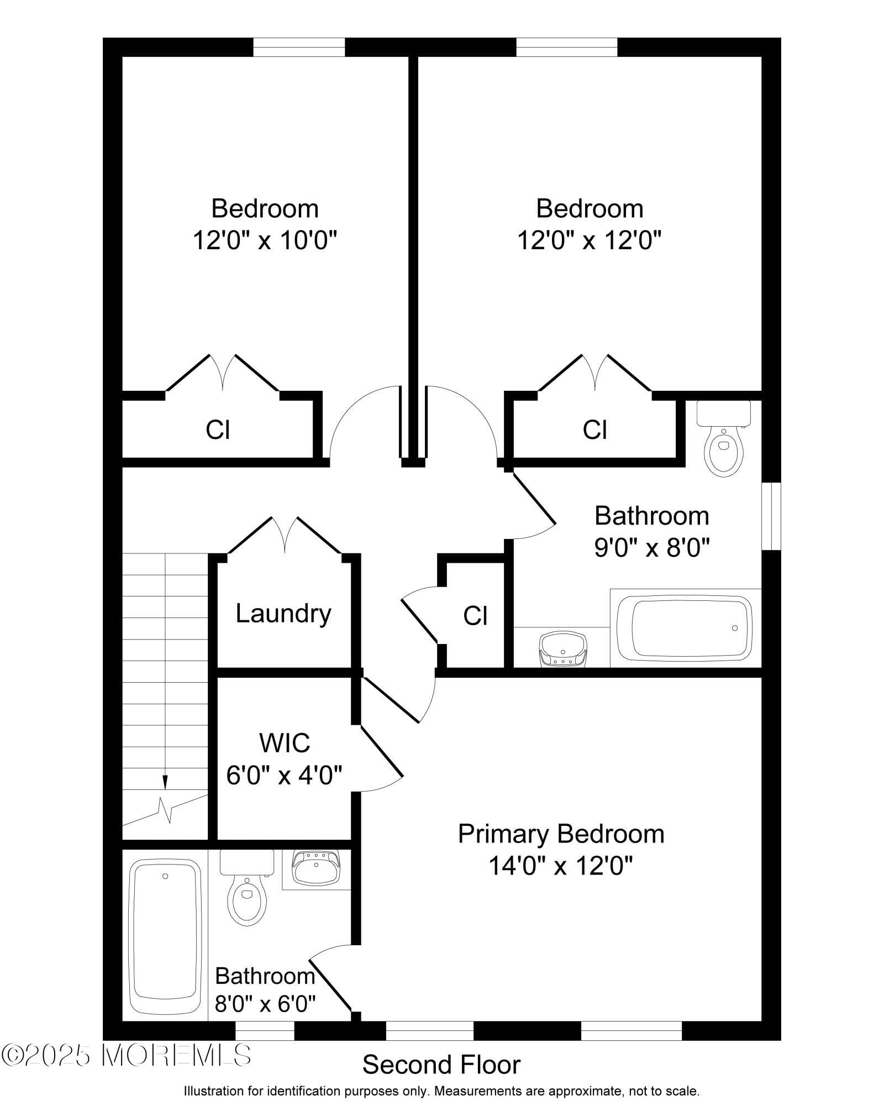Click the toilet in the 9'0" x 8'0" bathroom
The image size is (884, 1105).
coord(723,440)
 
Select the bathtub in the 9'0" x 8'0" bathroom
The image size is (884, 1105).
coord(685,628)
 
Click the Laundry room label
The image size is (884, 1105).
coord(283,614)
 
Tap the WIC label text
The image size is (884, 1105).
coord(285,743)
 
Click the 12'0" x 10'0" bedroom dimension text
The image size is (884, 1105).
coord(265,240)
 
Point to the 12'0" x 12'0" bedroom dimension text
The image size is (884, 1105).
coord(590,240)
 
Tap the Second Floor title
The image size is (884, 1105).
coord(441,1065)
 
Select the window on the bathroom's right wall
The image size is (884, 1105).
coord(771,516)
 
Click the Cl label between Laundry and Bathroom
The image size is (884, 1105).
coord(475,616)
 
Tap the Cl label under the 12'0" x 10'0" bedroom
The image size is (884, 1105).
coord(218,430)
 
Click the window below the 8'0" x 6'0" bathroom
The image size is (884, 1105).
coord(265,1031)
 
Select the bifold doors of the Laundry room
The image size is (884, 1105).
coord(285,536)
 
